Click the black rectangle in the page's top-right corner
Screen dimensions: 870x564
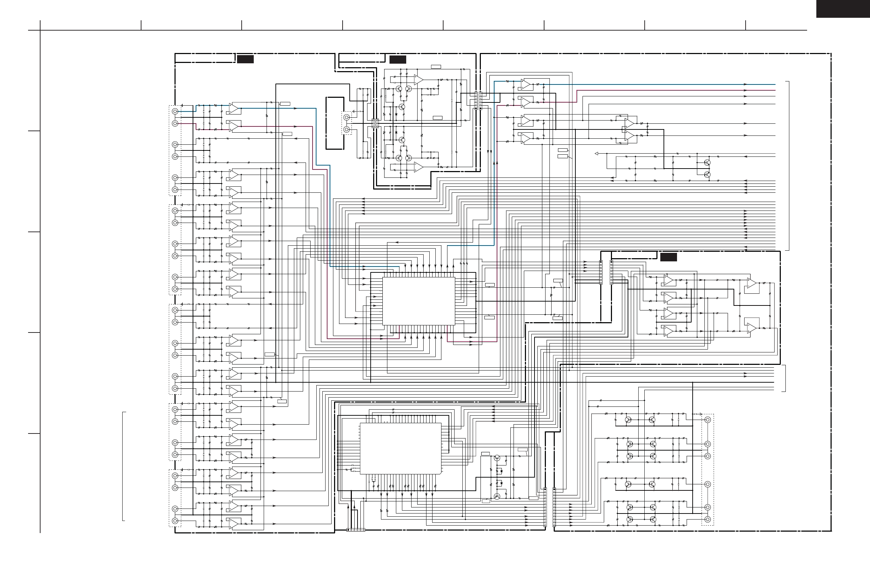pos(843,9)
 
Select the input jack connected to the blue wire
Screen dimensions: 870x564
pos(175,112)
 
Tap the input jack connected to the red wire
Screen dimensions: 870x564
pos(175,124)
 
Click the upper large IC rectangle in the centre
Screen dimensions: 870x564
pos(419,300)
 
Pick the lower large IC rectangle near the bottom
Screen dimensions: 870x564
pos(400,448)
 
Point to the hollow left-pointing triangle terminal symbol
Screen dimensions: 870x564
pos(597,154)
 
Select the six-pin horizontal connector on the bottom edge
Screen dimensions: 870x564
pos(356,530)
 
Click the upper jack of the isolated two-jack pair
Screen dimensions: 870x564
pos(347,117)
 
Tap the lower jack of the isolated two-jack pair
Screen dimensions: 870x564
pos(347,129)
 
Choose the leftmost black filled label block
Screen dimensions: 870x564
pos(245,59)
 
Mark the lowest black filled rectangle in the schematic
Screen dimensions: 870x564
pos(668,257)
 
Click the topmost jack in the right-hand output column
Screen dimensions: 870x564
pos(708,420)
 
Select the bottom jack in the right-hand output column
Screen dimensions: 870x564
pos(708,520)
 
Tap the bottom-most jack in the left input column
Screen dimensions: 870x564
pos(175,521)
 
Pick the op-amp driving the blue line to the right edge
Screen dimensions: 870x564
pos(526,85)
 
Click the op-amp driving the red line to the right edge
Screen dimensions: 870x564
pos(526,102)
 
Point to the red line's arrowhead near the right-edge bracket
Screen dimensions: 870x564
pos(745,90)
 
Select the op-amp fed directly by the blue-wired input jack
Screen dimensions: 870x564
pos(233,108)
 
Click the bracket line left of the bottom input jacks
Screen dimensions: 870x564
pos(123,466)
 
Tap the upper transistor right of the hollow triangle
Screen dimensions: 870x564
pos(707,163)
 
